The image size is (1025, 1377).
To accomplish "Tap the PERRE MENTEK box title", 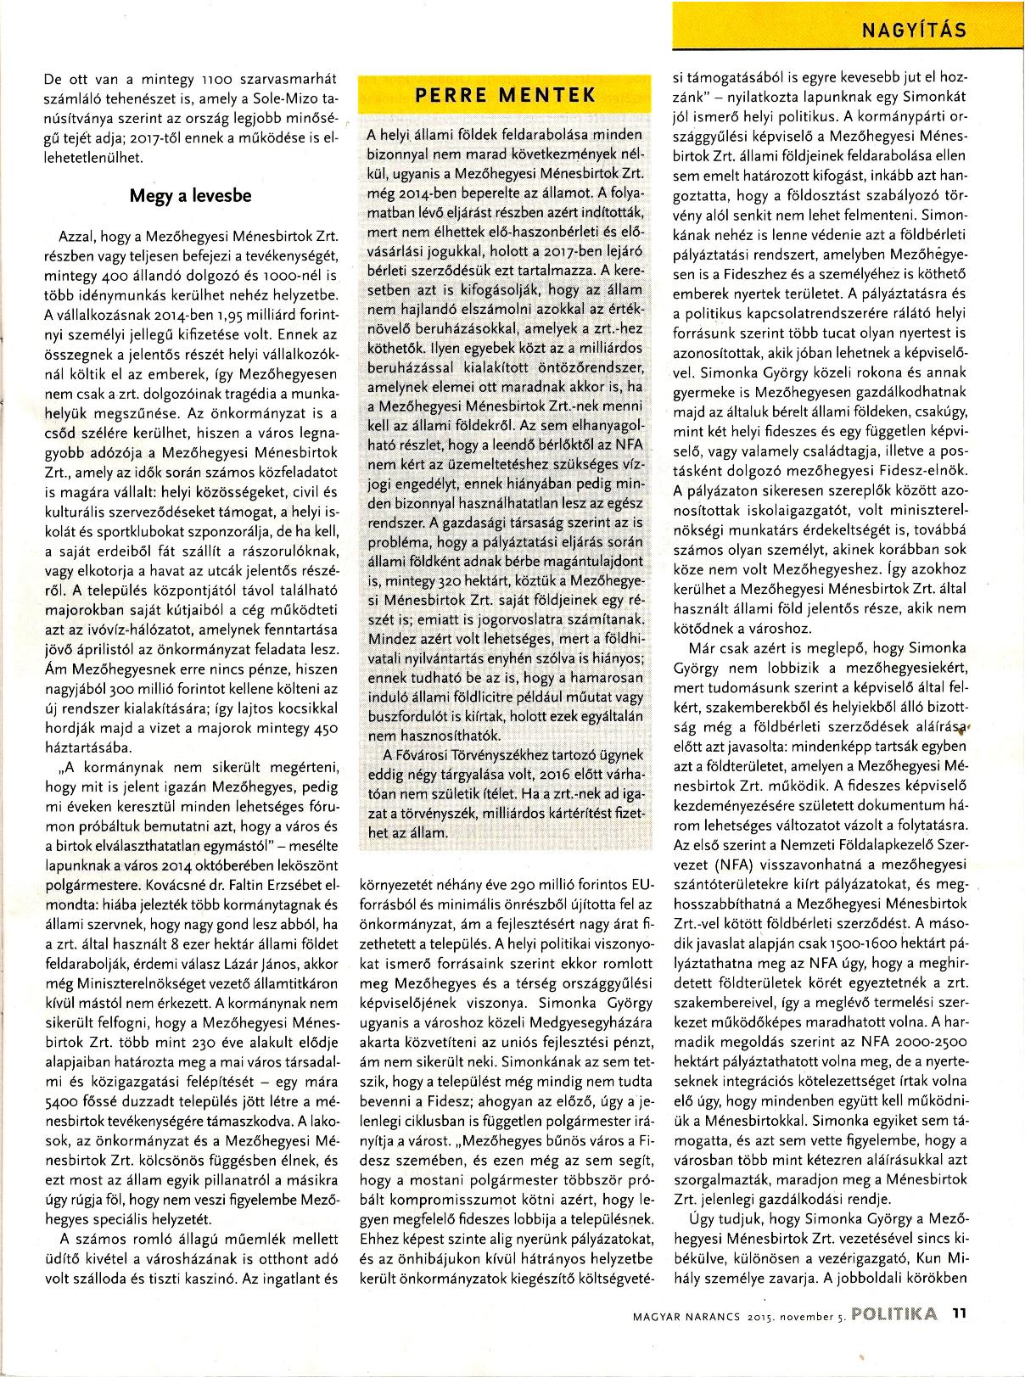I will (x=506, y=95).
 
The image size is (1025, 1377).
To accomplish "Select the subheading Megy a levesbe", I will (x=190, y=195).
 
